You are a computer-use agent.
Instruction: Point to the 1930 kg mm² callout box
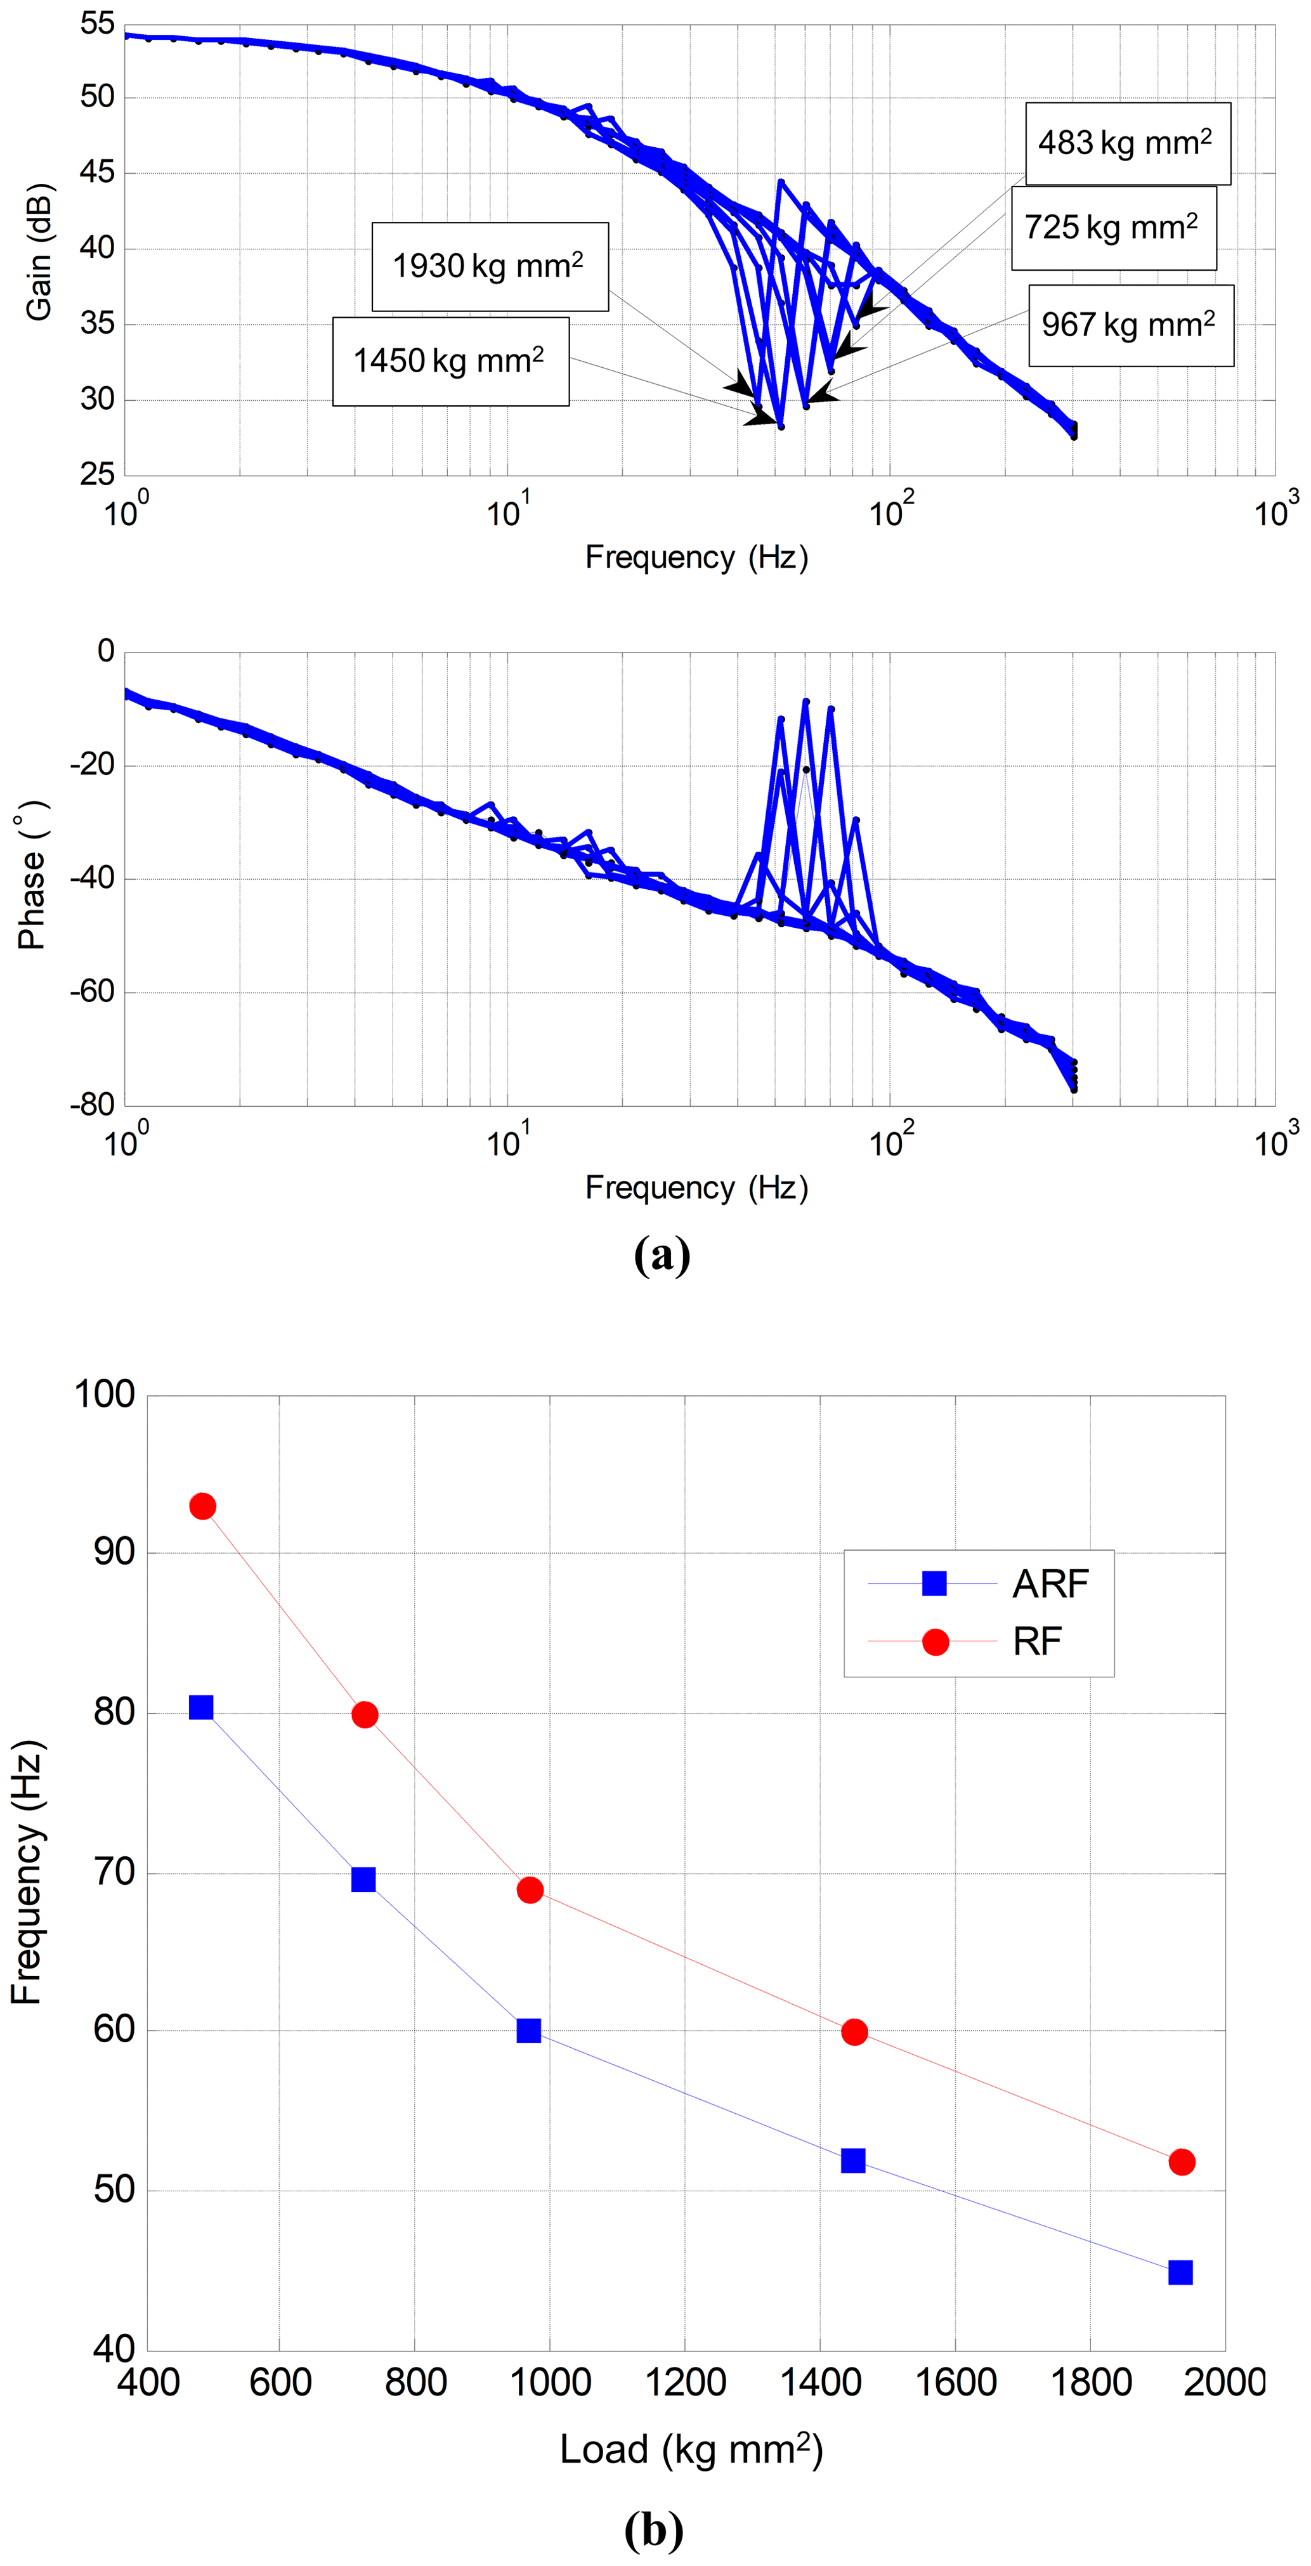489,266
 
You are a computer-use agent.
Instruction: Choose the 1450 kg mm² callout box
450,361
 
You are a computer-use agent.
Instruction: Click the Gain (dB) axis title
39,252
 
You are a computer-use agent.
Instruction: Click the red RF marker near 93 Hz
202,1506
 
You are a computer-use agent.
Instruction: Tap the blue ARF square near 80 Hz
201,1707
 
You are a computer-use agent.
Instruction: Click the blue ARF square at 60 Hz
529,2030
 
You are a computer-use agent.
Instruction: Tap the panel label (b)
653,2529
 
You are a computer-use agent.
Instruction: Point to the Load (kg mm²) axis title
691,2449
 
